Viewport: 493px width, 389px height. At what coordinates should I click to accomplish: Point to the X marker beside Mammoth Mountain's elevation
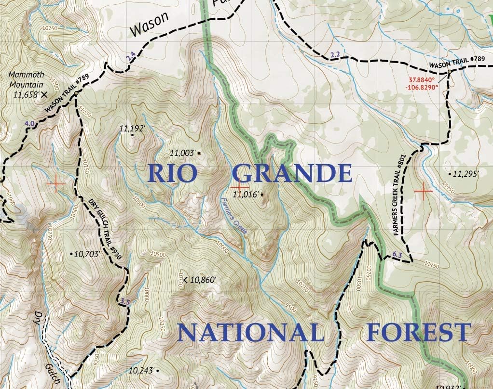(44, 94)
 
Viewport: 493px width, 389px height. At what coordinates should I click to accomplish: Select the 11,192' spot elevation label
(132, 129)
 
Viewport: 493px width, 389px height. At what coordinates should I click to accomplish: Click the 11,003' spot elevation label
(183, 154)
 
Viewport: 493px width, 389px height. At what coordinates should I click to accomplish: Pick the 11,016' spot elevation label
(246, 195)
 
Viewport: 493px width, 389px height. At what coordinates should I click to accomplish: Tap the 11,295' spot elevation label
(465, 174)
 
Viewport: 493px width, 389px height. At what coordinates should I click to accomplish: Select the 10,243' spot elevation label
(142, 370)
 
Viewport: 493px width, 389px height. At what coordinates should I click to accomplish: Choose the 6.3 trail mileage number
(397, 255)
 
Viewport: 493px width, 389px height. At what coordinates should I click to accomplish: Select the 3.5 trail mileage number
(125, 302)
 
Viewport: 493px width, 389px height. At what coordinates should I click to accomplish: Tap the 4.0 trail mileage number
(29, 124)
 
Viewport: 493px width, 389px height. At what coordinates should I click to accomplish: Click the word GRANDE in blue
(292, 173)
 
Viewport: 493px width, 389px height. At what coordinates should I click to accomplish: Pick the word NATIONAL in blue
(251, 333)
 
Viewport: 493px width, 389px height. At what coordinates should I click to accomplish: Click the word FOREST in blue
(418, 333)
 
